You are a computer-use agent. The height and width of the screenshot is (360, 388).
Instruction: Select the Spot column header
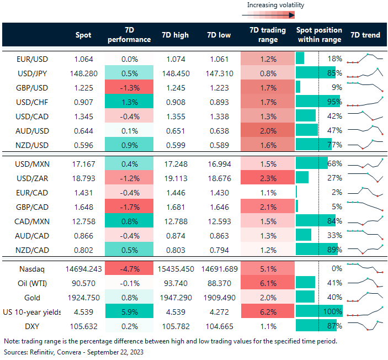pyautogui.click(x=83, y=35)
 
